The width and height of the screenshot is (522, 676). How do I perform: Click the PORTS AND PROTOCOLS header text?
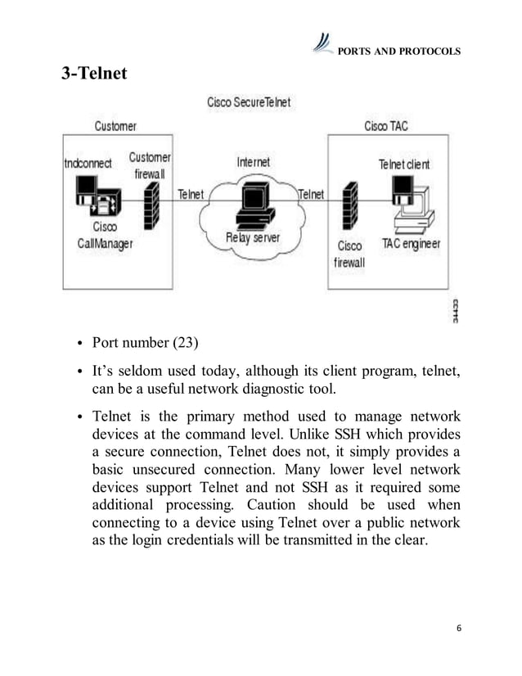point(399,52)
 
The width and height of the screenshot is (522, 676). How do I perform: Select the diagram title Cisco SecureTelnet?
point(249,103)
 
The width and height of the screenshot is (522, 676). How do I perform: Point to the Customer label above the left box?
point(115,126)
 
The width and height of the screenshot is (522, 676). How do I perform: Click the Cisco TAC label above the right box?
point(385,126)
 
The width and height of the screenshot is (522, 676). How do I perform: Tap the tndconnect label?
point(88,164)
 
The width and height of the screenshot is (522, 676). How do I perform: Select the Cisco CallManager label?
point(104,235)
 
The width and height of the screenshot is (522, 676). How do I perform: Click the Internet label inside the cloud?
point(253,162)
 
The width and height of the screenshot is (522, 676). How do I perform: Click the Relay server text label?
point(253,238)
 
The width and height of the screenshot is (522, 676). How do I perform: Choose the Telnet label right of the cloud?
point(311,195)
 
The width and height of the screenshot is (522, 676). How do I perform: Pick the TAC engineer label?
point(411,244)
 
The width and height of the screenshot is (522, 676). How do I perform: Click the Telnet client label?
point(403,164)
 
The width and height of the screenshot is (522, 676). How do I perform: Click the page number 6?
point(459,628)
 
